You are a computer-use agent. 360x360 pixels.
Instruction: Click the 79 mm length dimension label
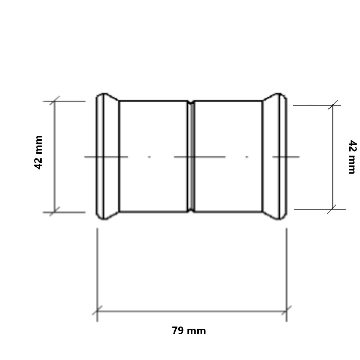pos(189,330)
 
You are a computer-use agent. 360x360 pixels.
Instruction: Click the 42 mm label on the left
pos(39,152)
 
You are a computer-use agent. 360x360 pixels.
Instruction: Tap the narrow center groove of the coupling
pos(191,157)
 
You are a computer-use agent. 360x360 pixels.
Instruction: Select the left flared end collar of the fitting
pos(107,157)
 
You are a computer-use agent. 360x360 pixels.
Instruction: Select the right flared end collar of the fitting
pos(275,157)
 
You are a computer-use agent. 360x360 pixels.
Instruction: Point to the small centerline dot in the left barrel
pos(149,157)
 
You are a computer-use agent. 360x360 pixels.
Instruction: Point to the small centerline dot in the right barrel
pos(247,157)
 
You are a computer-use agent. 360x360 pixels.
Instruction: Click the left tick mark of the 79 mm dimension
pos(97,310)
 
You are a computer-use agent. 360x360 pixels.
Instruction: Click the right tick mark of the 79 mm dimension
pos(287,310)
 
